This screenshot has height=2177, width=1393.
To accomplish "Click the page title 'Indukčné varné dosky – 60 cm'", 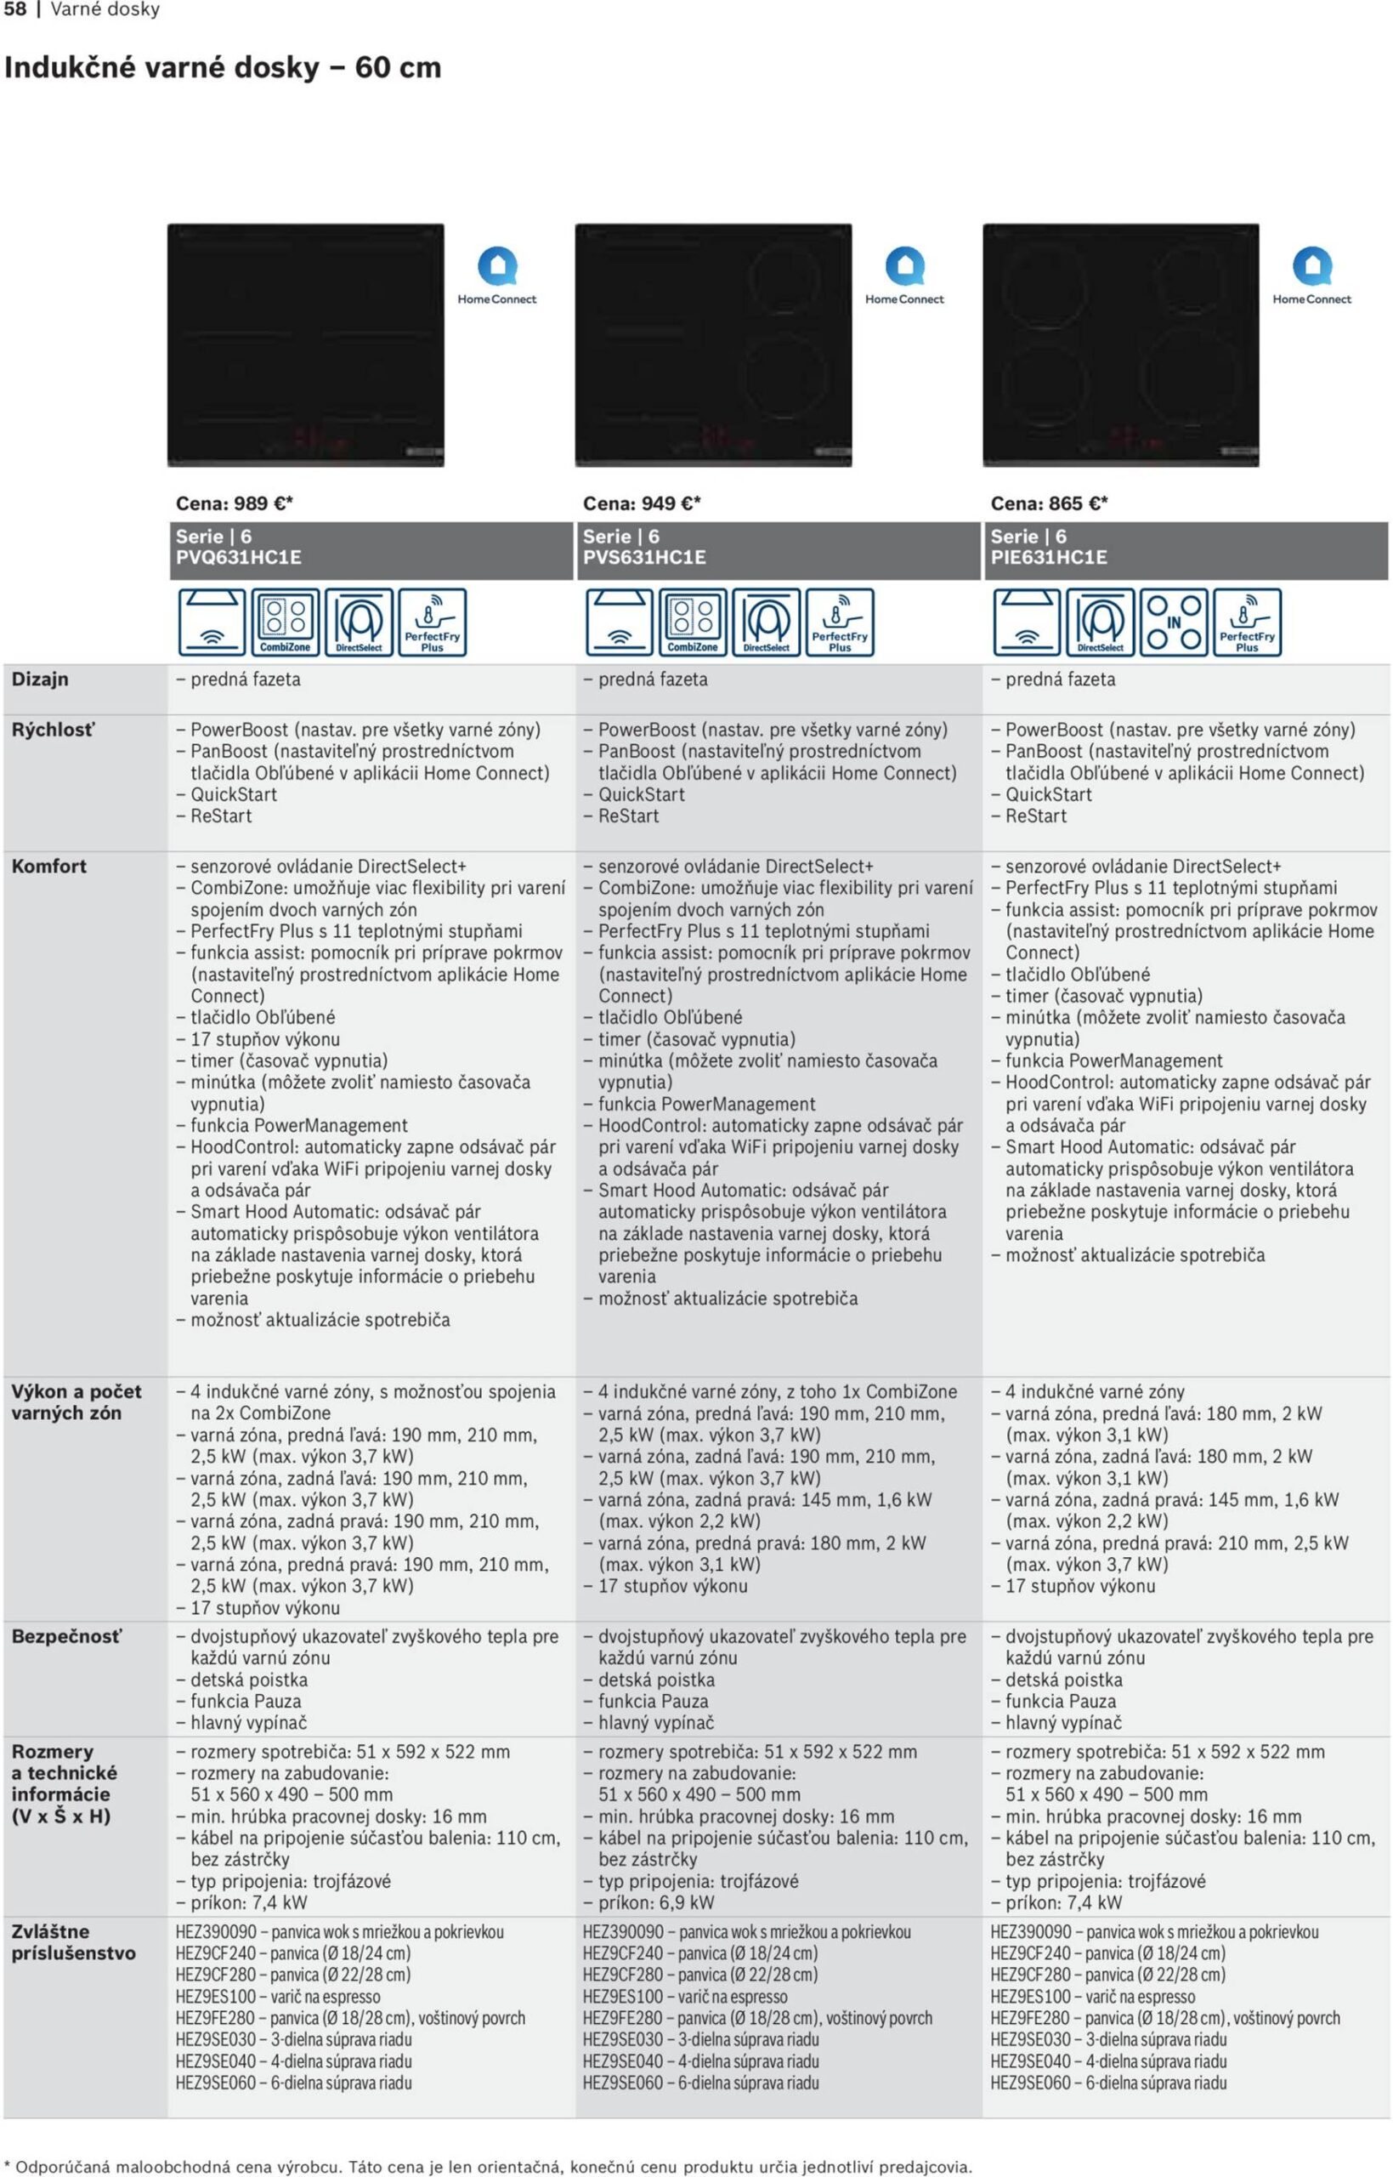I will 223,68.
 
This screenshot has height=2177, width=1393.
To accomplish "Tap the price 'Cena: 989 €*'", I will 235,503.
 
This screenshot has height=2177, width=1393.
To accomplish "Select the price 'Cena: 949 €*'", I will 642,503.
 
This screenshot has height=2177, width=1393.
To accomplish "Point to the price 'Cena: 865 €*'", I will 1049,503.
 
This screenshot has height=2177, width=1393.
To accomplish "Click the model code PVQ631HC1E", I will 238,557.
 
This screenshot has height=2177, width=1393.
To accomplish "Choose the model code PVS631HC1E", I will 644,557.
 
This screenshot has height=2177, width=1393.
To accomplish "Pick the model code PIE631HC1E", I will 1049,557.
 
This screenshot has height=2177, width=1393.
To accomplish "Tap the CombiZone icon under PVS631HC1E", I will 693,622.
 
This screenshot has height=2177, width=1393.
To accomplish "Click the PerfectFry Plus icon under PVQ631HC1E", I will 433,622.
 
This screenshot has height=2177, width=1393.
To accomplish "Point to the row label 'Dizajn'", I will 40,679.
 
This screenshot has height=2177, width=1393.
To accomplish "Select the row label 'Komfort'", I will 48,867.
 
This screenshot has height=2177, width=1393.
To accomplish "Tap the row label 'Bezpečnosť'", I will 66,1637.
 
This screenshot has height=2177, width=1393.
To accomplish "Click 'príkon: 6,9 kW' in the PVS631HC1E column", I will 656,1903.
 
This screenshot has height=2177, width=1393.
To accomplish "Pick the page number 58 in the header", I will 15,10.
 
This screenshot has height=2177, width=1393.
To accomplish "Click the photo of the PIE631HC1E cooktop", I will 1121,344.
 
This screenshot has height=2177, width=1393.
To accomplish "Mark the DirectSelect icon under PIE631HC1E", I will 1101,622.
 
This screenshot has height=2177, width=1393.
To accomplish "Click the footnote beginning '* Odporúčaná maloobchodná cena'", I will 489,2167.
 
